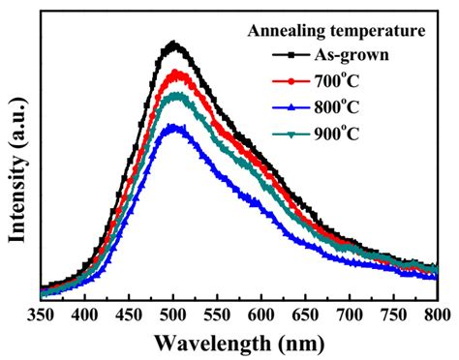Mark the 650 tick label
306,315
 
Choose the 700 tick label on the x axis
351,315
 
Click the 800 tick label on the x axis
436,315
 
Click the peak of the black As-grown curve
174,44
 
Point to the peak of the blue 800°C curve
174,126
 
